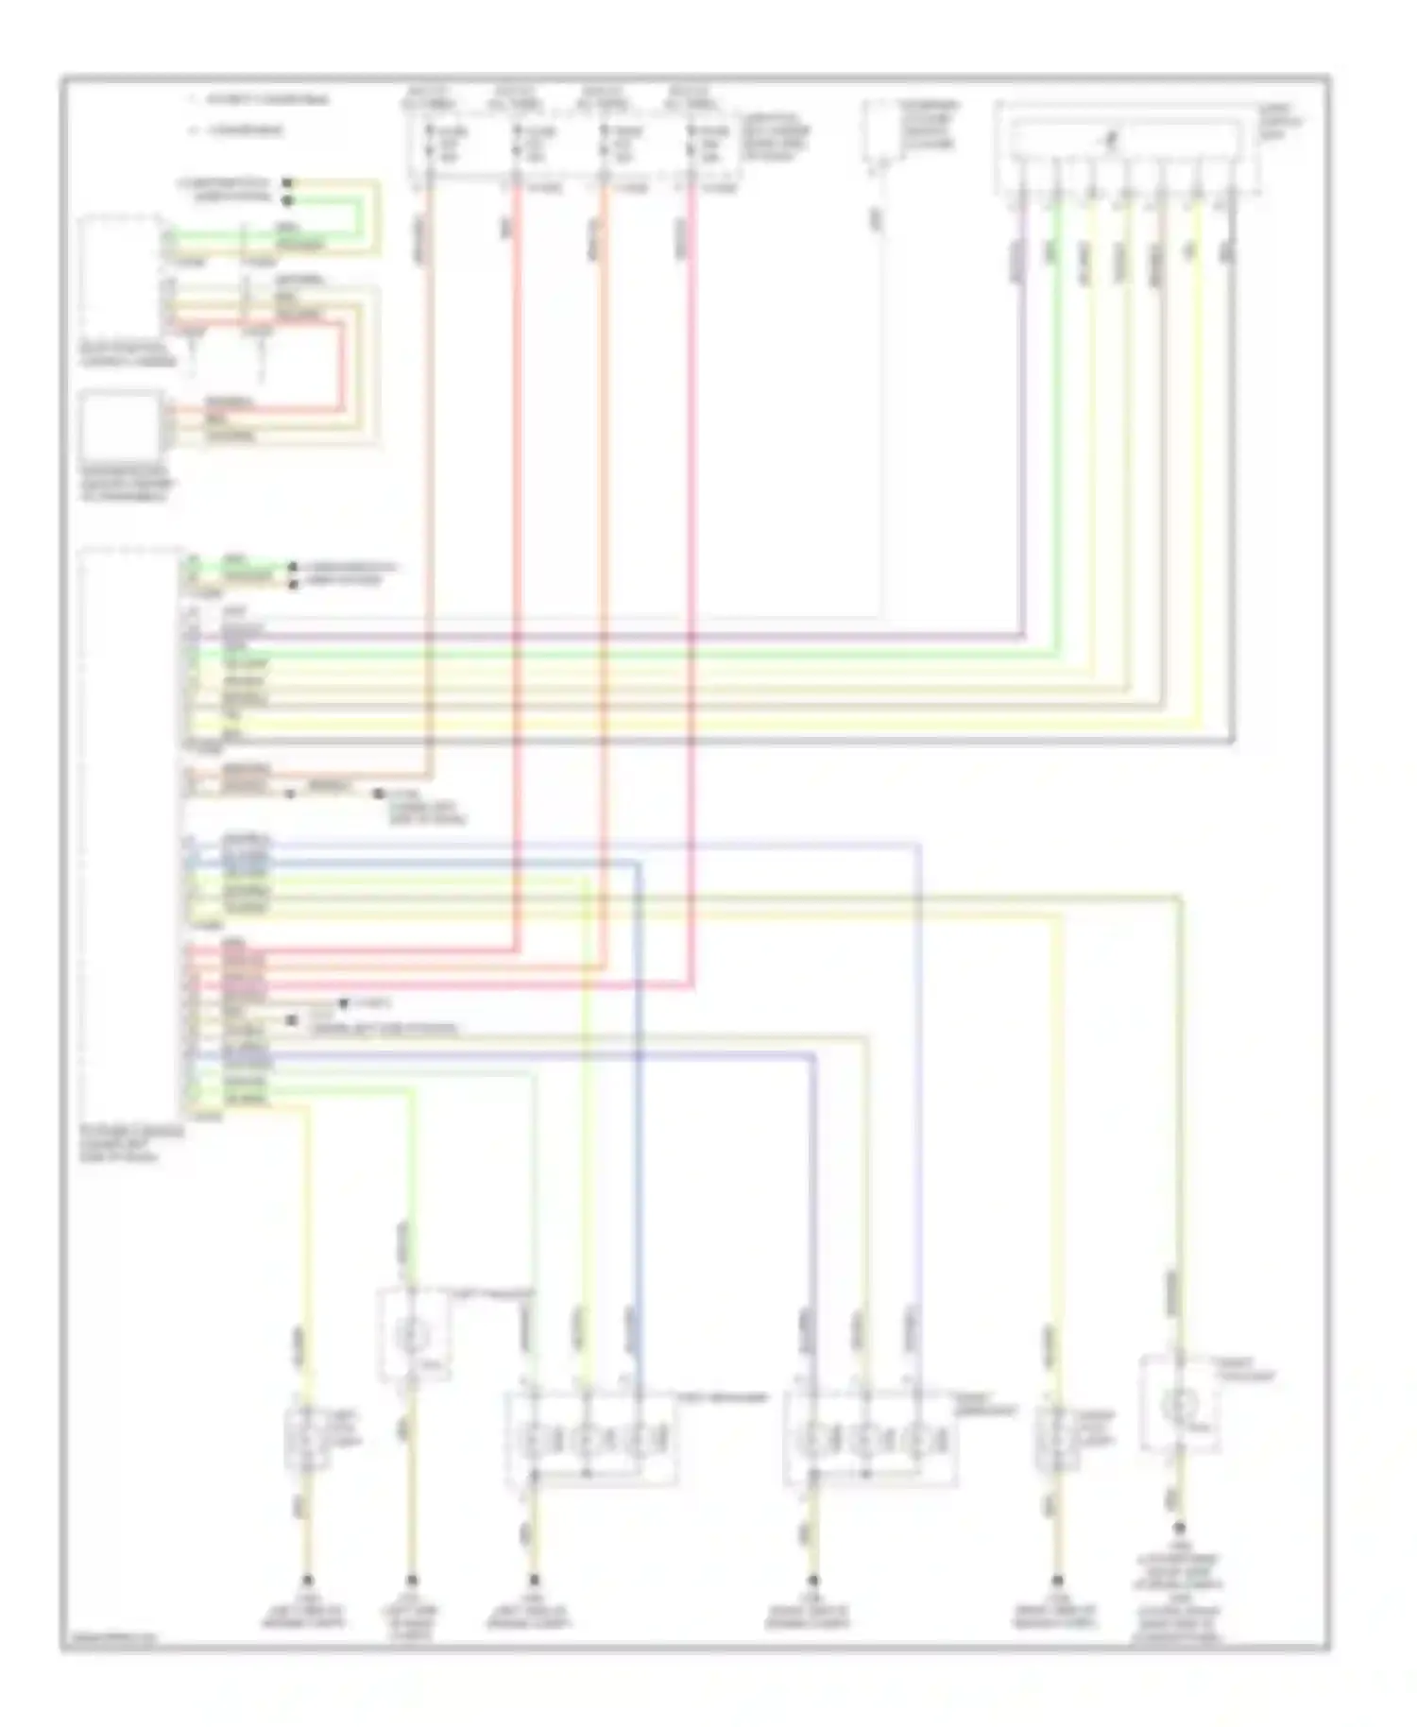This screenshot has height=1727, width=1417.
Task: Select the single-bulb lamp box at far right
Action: click(1179, 1404)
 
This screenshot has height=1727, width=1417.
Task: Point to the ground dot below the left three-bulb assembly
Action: click(534, 1580)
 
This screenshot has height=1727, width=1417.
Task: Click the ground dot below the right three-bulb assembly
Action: click(812, 1580)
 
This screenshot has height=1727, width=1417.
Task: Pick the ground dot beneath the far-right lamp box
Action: click(1179, 1528)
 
